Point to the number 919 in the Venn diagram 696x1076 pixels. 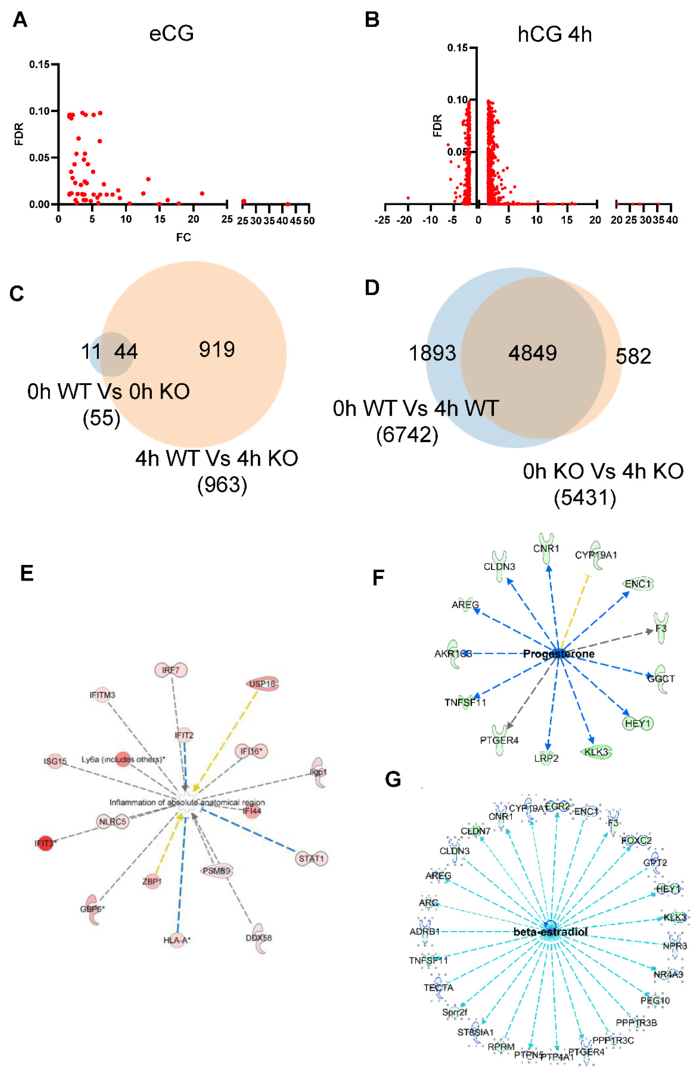(x=217, y=349)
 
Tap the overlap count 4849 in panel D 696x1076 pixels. (x=532, y=353)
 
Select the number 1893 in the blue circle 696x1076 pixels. (x=432, y=353)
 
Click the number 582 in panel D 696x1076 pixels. (x=633, y=356)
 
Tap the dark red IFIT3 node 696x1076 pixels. (x=45, y=843)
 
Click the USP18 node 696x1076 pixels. (x=262, y=684)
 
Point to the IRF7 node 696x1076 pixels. (x=171, y=670)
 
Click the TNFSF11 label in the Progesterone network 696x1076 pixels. (x=465, y=702)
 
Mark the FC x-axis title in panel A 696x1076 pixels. (x=184, y=237)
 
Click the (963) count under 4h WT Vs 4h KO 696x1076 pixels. (x=222, y=485)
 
